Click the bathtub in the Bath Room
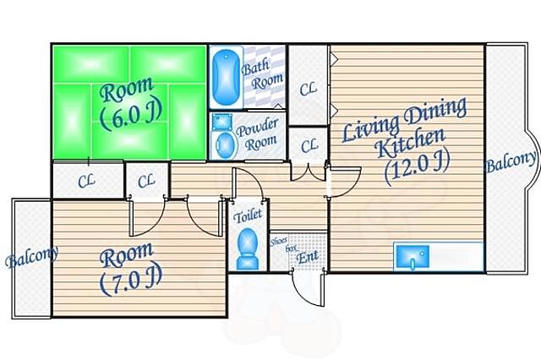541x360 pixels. [x=226, y=77]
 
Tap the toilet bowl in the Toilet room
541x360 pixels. [x=248, y=248]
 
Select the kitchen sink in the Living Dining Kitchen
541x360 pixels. [x=413, y=257]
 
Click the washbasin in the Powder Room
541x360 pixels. [x=218, y=122]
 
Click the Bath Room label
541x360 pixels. [x=262, y=74]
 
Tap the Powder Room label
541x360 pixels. [x=258, y=135]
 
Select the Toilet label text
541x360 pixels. [x=248, y=215]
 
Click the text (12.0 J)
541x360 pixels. [x=418, y=166]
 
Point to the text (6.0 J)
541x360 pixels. [x=131, y=117]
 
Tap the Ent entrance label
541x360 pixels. [x=307, y=257]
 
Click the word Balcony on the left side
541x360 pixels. [x=32, y=257]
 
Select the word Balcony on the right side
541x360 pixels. [x=511, y=162]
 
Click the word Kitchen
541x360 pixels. [x=411, y=144]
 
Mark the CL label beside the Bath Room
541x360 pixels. [x=308, y=90]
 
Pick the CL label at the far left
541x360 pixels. [x=86, y=181]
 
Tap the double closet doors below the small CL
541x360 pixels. [x=308, y=172]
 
